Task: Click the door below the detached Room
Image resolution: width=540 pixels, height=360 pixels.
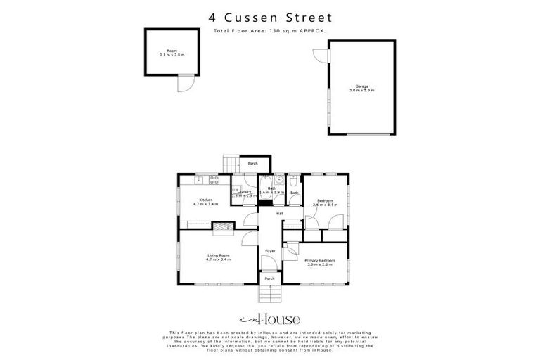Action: coord(184,83)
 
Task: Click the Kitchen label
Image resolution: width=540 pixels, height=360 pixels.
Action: coord(206,200)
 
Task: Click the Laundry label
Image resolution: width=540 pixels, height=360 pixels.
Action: coord(245,191)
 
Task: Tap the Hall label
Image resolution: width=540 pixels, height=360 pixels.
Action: coord(279,213)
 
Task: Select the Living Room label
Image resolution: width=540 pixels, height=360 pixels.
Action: coord(218,255)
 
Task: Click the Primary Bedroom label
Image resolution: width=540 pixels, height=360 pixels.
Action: coord(319,261)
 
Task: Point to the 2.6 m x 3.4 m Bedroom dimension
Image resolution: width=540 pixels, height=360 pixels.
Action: coord(326,205)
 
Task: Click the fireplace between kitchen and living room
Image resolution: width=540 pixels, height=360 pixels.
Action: coord(223,226)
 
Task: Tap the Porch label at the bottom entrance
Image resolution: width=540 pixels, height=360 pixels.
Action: coord(269,278)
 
